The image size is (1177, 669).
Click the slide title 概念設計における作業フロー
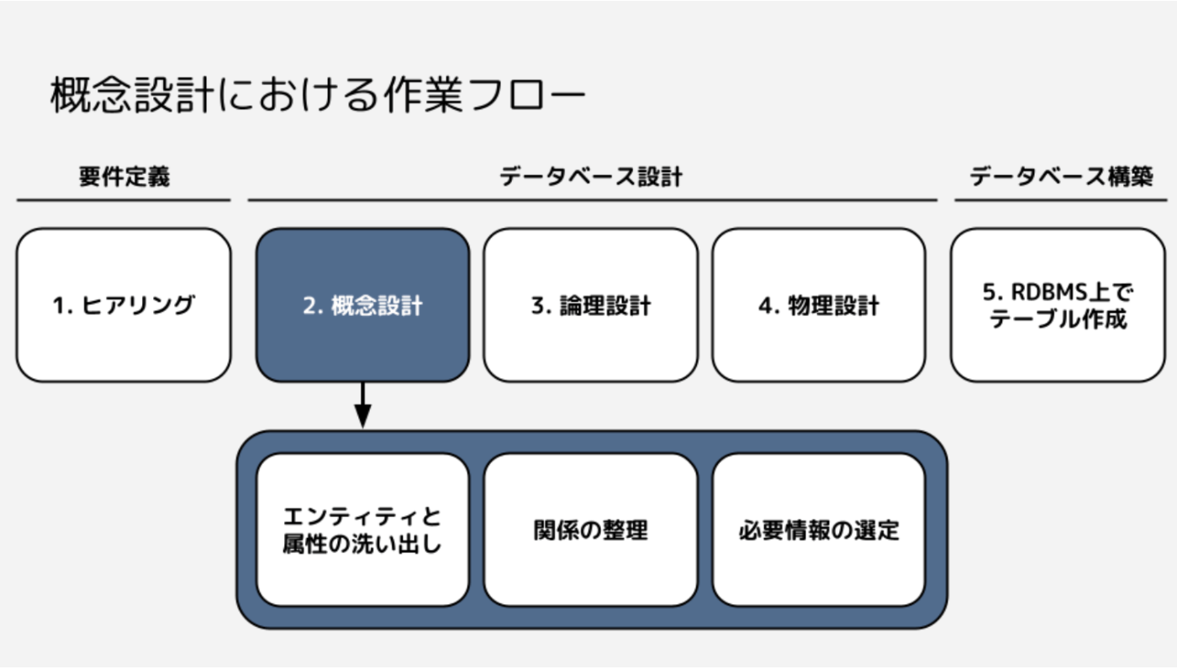318,94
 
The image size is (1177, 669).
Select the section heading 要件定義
124,176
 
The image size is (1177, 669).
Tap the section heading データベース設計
591,176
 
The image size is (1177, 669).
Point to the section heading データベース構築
1061,176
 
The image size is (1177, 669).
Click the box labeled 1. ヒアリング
124,305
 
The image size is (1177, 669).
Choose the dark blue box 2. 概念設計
362,305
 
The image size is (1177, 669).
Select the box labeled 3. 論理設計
591,305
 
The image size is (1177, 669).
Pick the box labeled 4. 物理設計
819,305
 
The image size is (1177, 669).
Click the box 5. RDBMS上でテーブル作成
1058,305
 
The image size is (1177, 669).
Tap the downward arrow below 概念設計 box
362,405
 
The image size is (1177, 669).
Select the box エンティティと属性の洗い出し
362,529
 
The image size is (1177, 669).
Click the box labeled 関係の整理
591,529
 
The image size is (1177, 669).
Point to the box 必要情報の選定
819,529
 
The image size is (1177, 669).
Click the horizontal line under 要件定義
124,200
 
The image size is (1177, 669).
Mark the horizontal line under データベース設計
593,200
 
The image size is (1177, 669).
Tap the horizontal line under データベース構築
1061,200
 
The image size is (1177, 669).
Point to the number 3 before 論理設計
539,306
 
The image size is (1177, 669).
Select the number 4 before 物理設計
765,306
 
